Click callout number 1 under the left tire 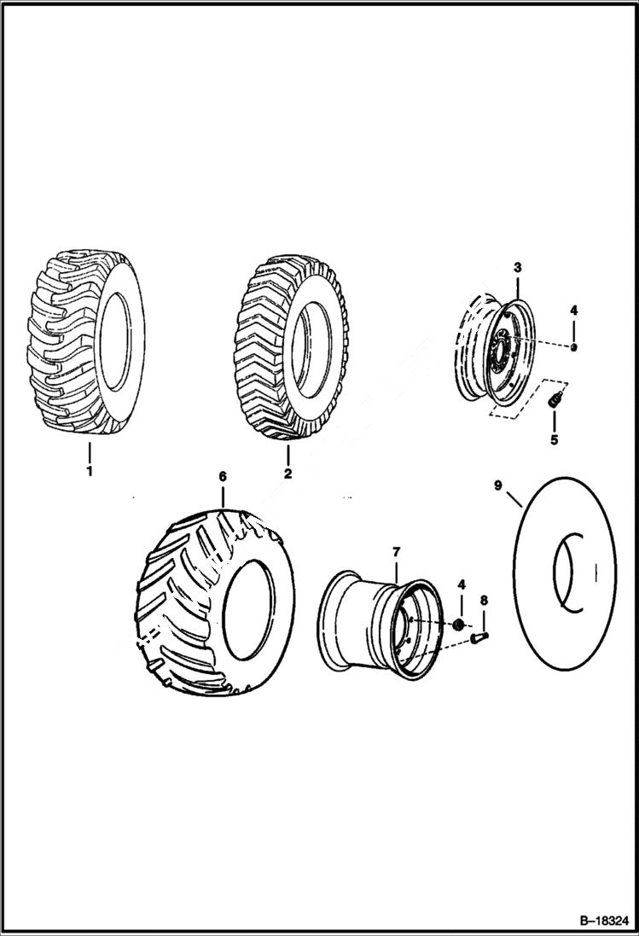point(89,470)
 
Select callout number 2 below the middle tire point(288,473)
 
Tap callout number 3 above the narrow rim point(517,268)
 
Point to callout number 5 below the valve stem point(554,440)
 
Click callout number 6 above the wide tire point(223,476)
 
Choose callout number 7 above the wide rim point(396,553)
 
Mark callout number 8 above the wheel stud point(484,601)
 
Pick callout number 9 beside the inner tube point(498,486)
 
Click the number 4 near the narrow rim point(574,310)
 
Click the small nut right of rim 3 point(574,347)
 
